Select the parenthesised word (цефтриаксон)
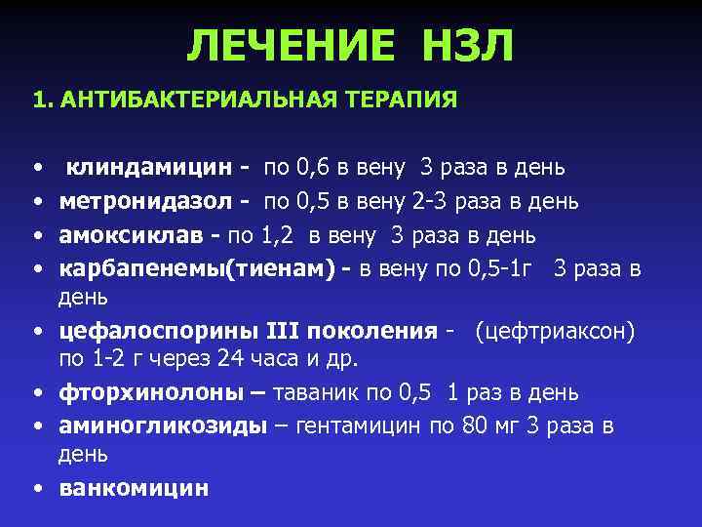(x=555, y=332)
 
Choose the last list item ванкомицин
(x=134, y=488)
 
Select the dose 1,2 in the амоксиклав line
(x=280, y=235)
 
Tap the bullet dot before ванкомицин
(x=35, y=488)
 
